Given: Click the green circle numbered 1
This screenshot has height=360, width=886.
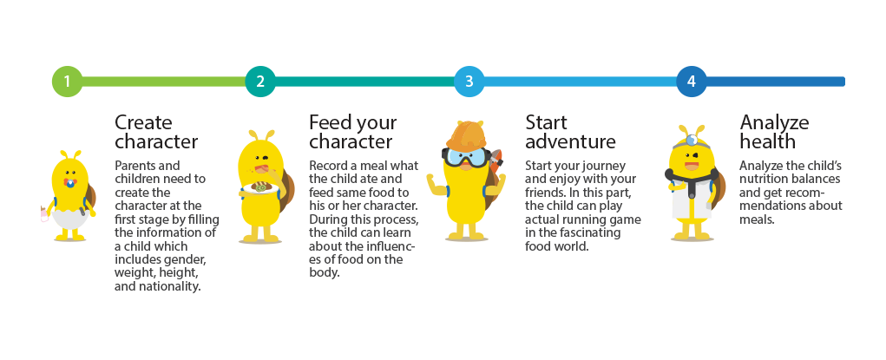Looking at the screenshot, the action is [67, 82].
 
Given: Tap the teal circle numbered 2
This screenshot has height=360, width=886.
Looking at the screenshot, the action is [260, 82].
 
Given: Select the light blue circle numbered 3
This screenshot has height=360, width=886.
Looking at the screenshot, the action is [469, 82].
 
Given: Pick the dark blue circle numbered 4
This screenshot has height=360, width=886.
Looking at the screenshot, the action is [692, 82].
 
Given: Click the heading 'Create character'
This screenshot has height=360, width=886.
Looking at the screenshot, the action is [156, 132].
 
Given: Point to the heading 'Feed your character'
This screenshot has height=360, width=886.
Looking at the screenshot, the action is [352, 132].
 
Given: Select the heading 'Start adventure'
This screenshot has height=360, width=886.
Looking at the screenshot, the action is [571, 132].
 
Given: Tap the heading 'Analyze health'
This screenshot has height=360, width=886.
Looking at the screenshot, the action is [774, 132].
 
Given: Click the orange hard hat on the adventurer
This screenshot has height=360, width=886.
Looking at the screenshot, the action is [466, 135].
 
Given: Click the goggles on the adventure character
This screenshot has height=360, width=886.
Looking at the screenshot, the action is [464, 157].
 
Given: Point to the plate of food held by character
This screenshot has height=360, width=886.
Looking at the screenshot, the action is [260, 188].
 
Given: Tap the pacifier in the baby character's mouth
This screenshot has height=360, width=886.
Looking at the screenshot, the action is [70, 183].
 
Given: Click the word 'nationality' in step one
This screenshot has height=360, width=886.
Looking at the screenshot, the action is [173, 286].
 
